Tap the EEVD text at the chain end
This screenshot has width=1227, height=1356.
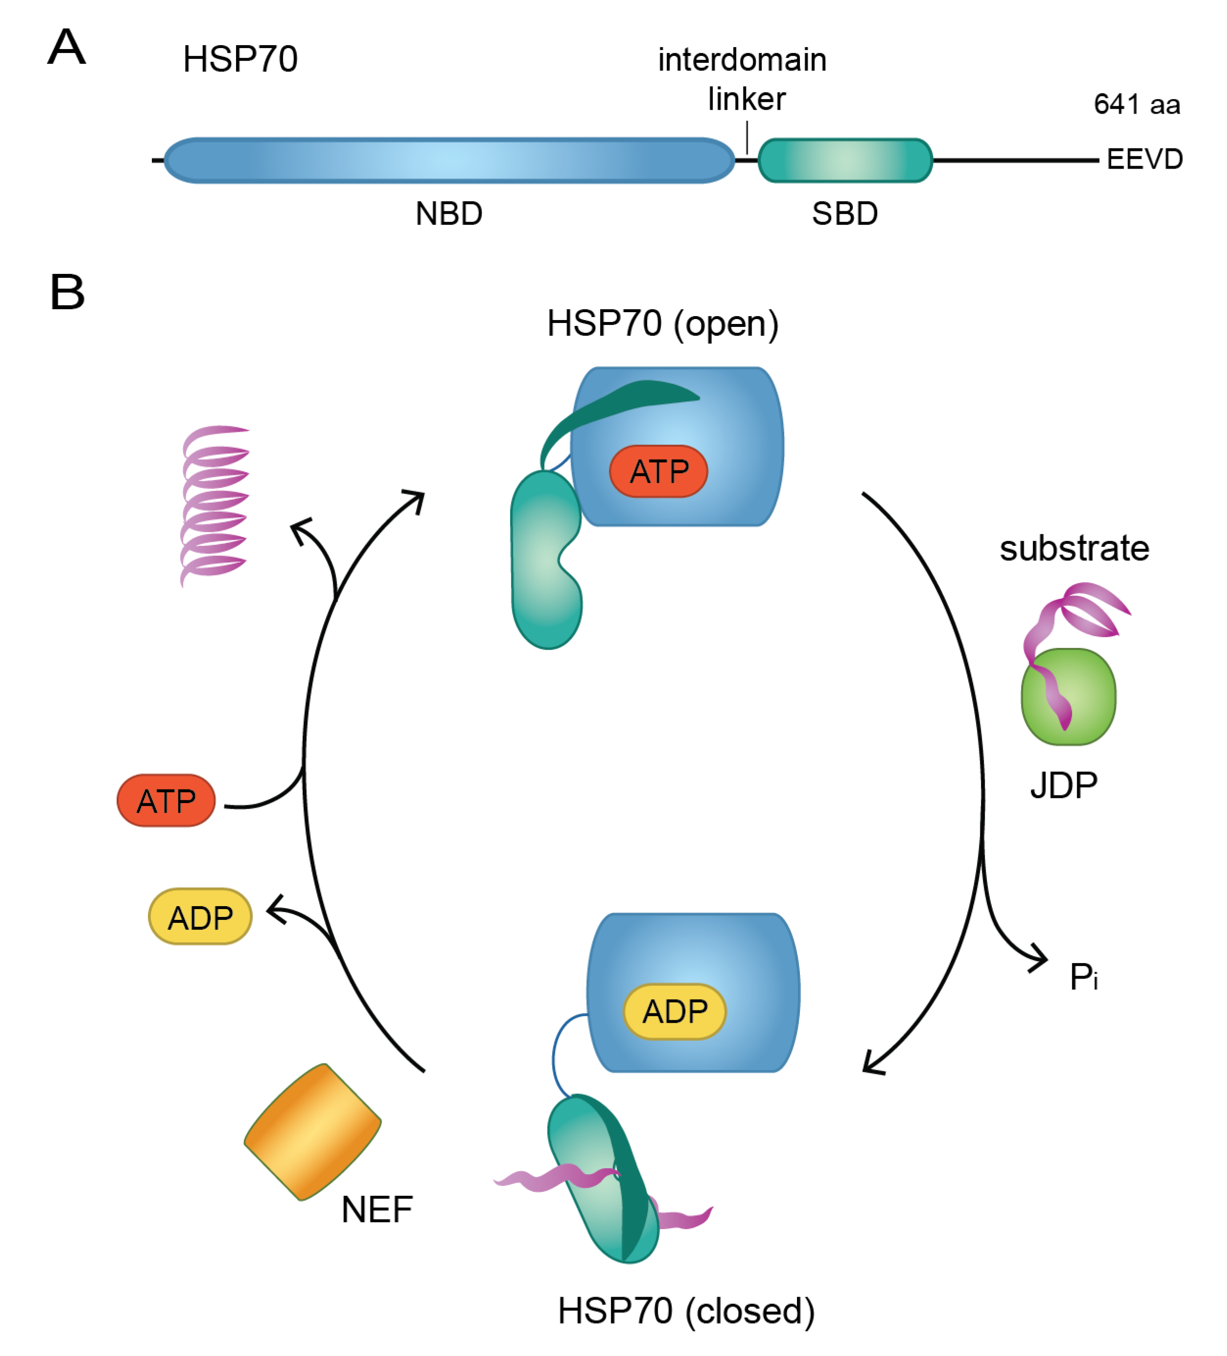click(x=1144, y=159)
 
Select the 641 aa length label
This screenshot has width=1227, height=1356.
click(x=1136, y=104)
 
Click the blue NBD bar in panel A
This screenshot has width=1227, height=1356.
click(x=449, y=161)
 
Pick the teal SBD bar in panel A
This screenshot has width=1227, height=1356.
click(x=844, y=161)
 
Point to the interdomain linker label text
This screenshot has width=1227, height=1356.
click(x=742, y=79)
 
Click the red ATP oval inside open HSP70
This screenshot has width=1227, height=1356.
click(x=658, y=471)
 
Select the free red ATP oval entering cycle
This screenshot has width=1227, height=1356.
click(x=166, y=800)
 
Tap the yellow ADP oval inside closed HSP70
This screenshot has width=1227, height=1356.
click(x=674, y=1011)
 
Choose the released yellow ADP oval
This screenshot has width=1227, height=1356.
click(x=200, y=917)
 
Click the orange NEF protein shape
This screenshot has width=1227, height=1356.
click(x=313, y=1132)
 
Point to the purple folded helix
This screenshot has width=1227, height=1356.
click(x=214, y=504)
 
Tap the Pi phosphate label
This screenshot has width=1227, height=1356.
click(x=1083, y=977)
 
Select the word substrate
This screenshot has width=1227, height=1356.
click(x=1074, y=548)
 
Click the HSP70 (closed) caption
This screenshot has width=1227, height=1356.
click(x=686, y=1310)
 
